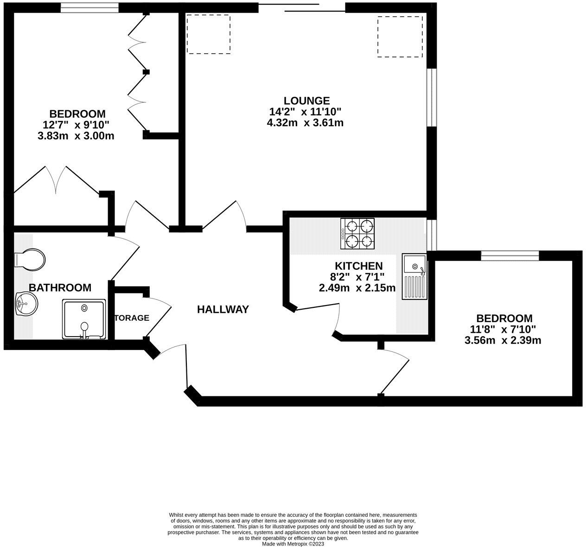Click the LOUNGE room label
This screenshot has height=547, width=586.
click(306, 101)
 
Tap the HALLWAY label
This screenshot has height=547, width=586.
click(223, 309)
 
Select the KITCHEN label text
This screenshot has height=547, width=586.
click(359, 266)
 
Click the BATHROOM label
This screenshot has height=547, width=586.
click(60, 287)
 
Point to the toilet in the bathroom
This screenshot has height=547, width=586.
click(30, 260)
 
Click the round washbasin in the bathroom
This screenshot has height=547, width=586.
click(26, 305)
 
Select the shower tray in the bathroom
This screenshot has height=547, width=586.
click(84, 319)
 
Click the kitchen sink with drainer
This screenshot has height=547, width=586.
click(414, 276)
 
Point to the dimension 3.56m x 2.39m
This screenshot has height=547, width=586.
click(503, 340)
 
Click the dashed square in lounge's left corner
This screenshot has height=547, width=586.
click(209, 34)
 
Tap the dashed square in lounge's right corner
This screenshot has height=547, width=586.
click(400, 37)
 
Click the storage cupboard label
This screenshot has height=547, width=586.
click(132, 318)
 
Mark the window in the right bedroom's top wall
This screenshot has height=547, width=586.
click(510, 254)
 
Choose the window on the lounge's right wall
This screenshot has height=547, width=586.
click(432, 97)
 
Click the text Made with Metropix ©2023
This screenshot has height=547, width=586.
click(293, 544)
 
